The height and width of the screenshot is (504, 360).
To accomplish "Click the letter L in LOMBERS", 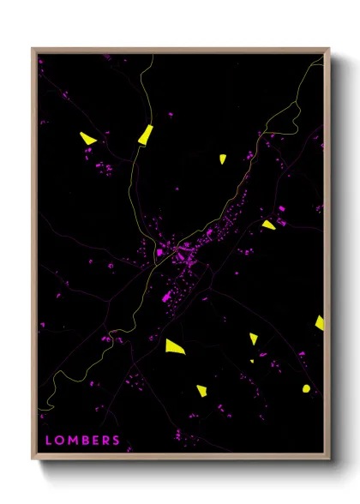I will [x=48, y=441].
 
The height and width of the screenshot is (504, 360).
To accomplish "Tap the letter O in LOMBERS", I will [x=59, y=441].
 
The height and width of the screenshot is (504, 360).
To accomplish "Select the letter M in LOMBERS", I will [x=72, y=441].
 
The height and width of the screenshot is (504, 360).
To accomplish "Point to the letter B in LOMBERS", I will [x=84, y=441].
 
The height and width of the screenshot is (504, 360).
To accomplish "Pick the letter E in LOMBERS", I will [x=94, y=441].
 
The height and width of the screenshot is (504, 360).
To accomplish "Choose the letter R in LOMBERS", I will [x=105, y=441].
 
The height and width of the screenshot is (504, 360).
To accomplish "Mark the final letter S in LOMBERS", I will [x=116, y=441].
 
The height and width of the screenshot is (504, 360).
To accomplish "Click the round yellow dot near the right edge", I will [x=306, y=388].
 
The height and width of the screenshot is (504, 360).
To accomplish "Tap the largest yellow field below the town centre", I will [x=175, y=346].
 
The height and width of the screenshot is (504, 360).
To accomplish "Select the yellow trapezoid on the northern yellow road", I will [x=145, y=134].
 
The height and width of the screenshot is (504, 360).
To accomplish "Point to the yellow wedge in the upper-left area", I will [x=87, y=137].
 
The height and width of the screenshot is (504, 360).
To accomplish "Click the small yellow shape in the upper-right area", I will [x=221, y=159].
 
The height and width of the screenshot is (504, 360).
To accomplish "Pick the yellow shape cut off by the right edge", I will [x=320, y=322].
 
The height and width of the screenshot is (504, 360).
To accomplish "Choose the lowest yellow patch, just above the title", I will [x=201, y=391].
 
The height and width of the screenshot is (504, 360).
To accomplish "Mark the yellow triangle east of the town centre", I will [x=268, y=225].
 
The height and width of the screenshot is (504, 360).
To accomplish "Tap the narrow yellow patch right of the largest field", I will [x=254, y=339].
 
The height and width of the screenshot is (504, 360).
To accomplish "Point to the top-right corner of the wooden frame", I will [x=329, y=49].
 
